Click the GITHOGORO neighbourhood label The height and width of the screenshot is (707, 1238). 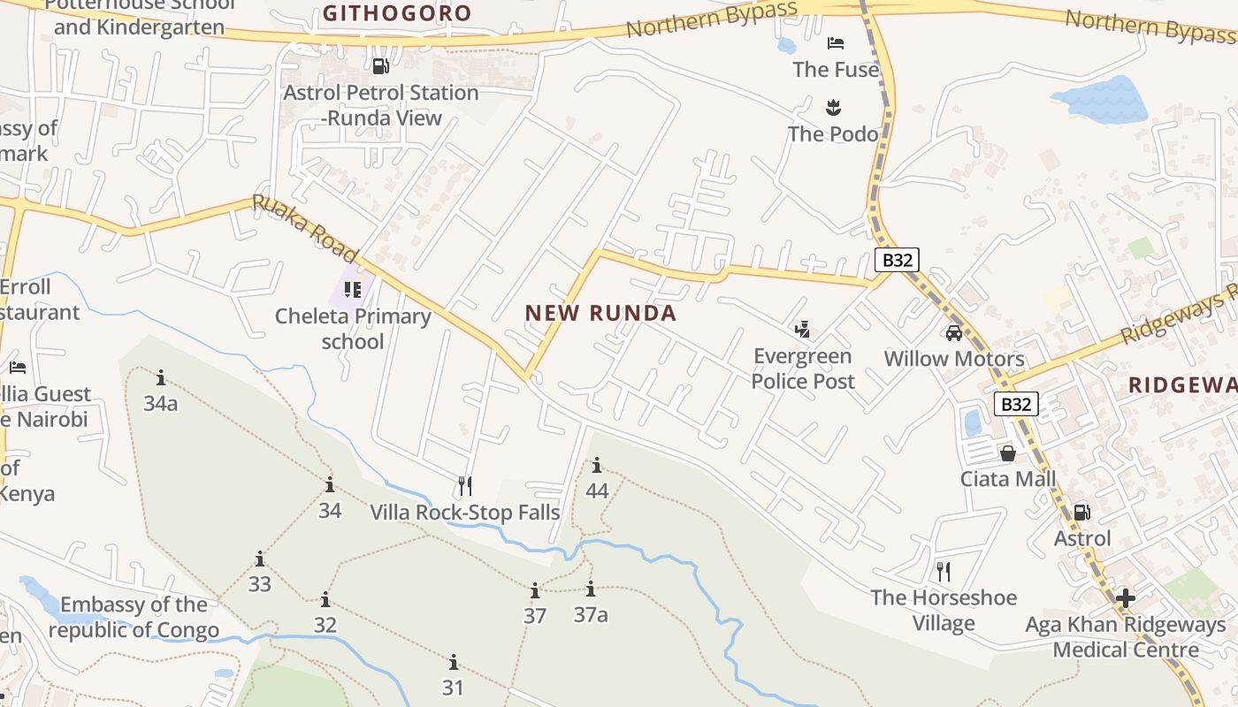pos(397,13)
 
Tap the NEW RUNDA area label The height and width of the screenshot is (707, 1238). pos(600,313)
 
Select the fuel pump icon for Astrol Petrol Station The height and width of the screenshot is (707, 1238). pos(381,65)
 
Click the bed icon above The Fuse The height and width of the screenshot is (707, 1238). pos(836,43)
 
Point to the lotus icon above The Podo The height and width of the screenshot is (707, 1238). pos(833,108)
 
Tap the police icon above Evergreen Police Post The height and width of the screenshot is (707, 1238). pos(802,331)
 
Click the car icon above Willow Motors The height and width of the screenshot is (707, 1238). pos(954,333)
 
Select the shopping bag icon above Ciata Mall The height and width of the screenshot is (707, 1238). pos(1007,453)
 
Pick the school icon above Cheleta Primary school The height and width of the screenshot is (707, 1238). pos(353,289)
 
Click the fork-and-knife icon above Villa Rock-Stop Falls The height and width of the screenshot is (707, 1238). pos(465,485)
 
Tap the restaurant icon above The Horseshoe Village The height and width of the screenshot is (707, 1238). pos(944,571)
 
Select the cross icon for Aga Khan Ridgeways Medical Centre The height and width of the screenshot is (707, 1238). pos(1125,598)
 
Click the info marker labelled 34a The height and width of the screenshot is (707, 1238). pos(161,378)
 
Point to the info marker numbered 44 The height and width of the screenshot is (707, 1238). pos(597,466)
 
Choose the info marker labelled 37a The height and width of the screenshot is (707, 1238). pos(591,589)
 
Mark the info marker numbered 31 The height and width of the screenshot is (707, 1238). pos(454,662)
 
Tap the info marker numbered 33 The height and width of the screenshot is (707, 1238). pos(260,559)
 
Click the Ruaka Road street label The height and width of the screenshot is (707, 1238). pos(304,227)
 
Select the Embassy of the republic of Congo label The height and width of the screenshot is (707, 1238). pos(134,618)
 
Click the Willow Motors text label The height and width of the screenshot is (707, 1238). pos(954,359)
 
